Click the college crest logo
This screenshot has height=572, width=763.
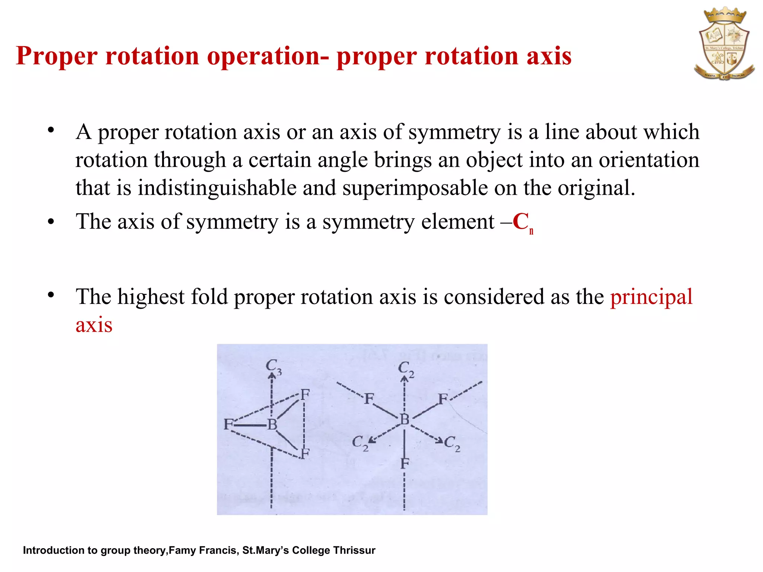click(x=724, y=44)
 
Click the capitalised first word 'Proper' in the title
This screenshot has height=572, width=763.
click(x=57, y=56)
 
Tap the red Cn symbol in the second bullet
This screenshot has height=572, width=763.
click(x=522, y=223)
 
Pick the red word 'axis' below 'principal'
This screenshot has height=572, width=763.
click(x=94, y=325)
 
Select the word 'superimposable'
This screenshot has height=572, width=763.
click(x=415, y=188)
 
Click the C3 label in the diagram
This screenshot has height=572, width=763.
click(x=273, y=366)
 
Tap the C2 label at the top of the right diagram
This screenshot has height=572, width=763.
click(x=406, y=369)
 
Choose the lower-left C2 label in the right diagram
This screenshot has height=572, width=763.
click(x=360, y=443)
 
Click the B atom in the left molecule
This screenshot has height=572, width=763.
click(x=272, y=425)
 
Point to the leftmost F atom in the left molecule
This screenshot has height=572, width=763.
click(x=228, y=424)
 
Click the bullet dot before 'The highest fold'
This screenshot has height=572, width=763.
click(x=51, y=295)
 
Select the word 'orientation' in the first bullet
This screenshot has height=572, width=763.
click(x=649, y=160)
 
